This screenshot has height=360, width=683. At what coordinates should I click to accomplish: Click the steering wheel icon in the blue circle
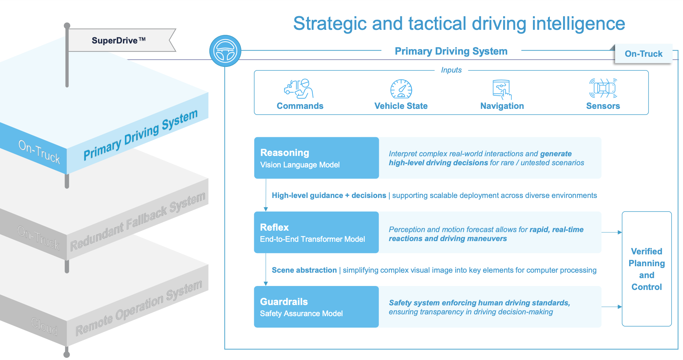[x=225, y=51]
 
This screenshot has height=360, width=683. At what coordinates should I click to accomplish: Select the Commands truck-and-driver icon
[x=299, y=89]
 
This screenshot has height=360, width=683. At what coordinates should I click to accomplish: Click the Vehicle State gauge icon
[x=401, y=89]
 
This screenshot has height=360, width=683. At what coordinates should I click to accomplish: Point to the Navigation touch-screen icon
[x=502, y=89]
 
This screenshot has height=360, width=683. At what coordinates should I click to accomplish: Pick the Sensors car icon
[x=603, y=88]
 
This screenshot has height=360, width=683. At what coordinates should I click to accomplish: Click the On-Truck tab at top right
[x=643, y=54]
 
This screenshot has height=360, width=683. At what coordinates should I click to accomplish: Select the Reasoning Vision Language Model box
[x=316, y=158]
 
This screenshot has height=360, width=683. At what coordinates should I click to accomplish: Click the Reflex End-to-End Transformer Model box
[x=316, y=232]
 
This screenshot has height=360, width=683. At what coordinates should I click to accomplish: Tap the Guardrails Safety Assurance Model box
[x=316, y=307]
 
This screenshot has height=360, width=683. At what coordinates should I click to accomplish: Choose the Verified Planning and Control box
[x=646, y=269]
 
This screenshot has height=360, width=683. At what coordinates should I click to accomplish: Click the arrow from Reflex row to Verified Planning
[x=612, y=232]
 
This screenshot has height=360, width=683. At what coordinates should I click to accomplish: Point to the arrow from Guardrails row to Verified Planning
[x=612, y=307]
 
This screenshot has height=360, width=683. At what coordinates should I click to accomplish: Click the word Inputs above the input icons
[x=451, y=70]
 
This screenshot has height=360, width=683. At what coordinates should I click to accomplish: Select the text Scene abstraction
[x=304, y=270]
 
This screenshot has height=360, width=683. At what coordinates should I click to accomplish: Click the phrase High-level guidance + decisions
[x=329, y=195]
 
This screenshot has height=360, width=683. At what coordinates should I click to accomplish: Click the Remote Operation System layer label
[x=139, y=308]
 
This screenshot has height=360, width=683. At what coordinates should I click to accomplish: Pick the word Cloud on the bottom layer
[x=44, y=327]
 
